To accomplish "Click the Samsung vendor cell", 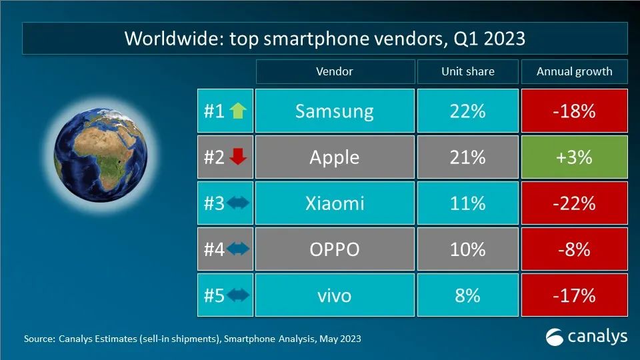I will pyautogui.click(x=334, y=111).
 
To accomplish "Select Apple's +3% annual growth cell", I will pyautogui.click(x=574, y=157).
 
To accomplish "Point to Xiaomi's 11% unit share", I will pyautogui.click(x=467, y=203).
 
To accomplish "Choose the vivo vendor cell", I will pyautogui.click(x=334, y=295).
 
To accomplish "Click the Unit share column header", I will pyautogui.click(x=467, y=72).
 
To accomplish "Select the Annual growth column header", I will pyautogui.click(x=574, y=72).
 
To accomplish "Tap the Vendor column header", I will pyautogui.click(x=334, y=72).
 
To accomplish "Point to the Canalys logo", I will pyautogui.click(x=587, y=336).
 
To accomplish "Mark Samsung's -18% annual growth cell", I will pyautogui.click(x=574, y=111).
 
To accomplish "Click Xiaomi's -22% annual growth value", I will pyautogui.click(x=574, y=203).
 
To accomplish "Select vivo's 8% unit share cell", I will pyautogui.click(x=467, y=295).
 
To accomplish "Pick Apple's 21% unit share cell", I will pyautogui.click(x=467, y=157).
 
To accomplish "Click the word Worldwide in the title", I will pyautogui.click(x=167, y=39).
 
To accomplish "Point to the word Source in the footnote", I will pyautogui.click(x=38, y=339).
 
